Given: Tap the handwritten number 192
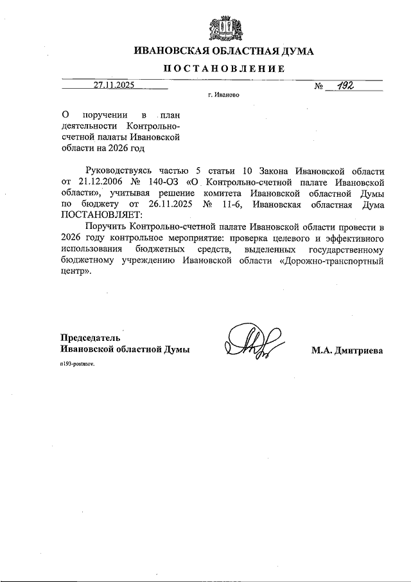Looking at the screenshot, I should pos(343,84).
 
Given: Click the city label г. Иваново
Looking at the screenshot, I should pos(223,94).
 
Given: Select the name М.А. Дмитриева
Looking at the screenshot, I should pos(347,350).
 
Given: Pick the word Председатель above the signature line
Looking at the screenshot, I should pos(90,338).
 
